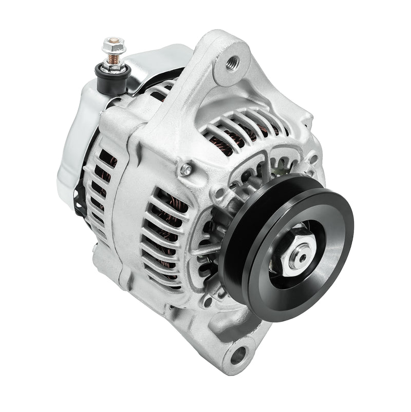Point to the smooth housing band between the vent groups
tap(128, 215)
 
